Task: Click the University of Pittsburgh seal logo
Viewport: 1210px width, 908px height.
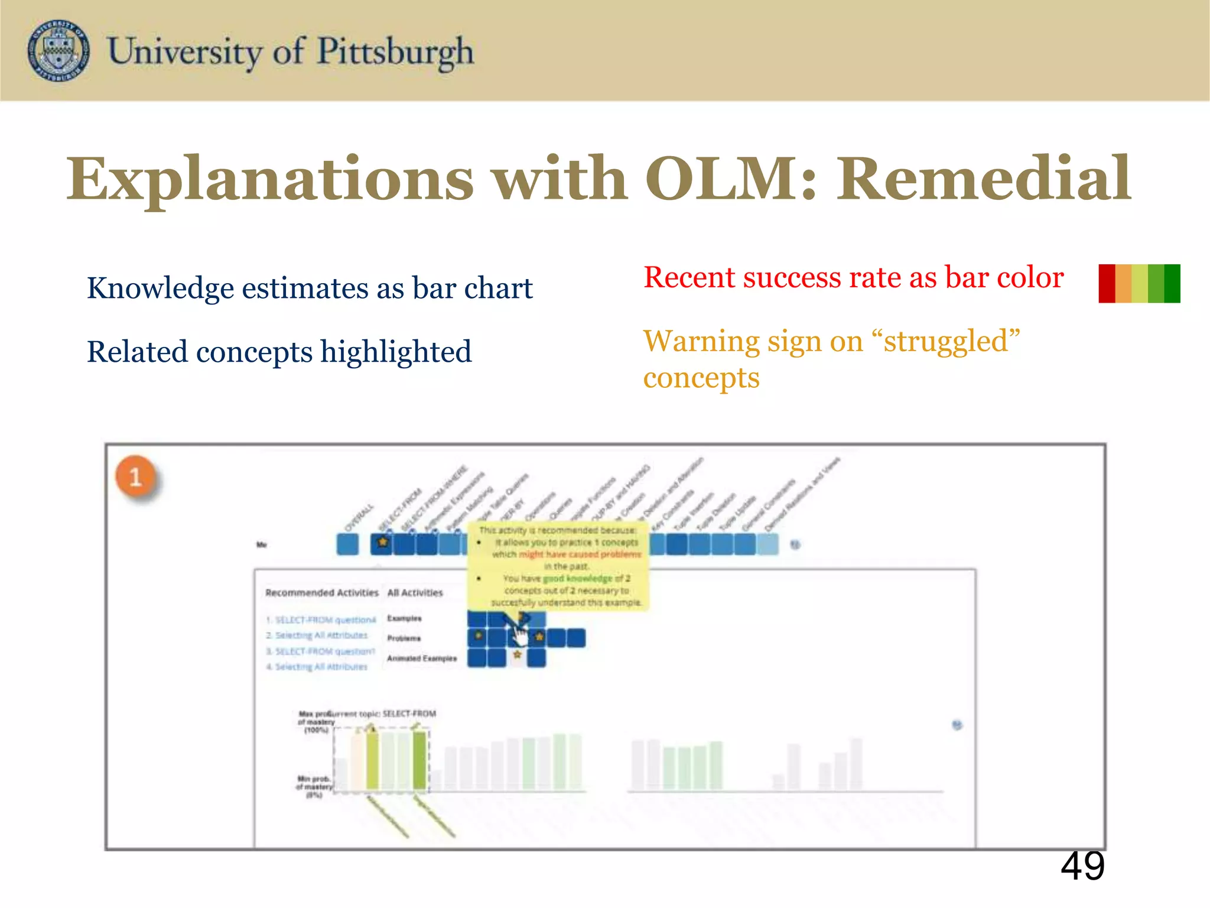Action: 58,50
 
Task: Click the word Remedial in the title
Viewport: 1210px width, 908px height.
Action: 983,179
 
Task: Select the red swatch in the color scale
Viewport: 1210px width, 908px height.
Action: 1107,284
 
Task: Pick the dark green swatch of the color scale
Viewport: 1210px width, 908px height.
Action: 1172,284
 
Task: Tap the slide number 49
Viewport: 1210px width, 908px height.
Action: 1082,867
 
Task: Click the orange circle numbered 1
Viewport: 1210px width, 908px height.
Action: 135,476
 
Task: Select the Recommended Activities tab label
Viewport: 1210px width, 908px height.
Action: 322,592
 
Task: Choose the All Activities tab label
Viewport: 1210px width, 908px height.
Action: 415,592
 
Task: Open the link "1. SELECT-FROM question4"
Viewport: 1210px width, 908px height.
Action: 321,620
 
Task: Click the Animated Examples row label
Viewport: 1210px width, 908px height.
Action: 422,658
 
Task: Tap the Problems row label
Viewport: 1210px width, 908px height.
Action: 404,638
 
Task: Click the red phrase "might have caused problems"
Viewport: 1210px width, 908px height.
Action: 580,554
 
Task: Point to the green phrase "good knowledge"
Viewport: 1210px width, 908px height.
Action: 577,578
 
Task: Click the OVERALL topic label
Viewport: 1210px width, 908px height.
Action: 359,518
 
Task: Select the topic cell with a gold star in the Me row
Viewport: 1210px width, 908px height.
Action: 382,543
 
